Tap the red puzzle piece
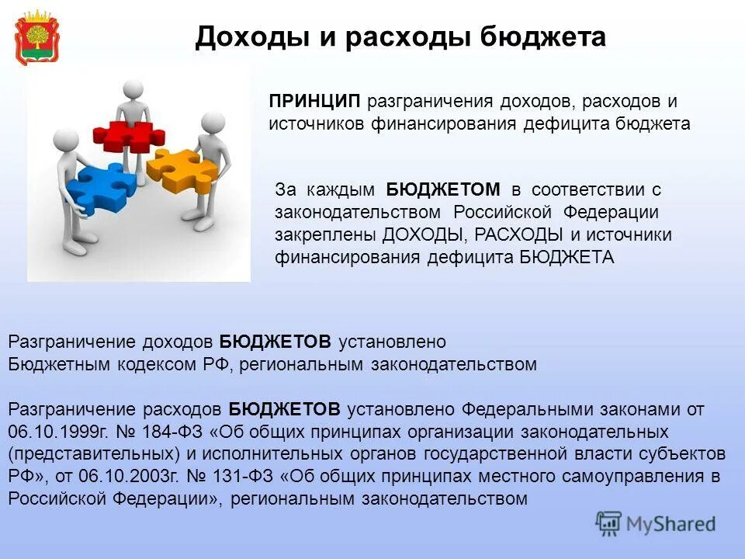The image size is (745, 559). tap(128, 135)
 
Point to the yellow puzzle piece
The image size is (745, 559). tap(183, 168)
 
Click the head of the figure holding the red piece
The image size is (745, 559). tap(133, 90)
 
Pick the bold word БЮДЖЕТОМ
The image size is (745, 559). tap(443, 190)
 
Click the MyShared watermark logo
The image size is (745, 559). tap(656, 523)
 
